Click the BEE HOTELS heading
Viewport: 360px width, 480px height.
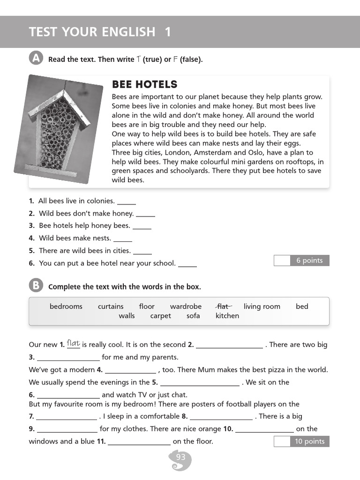coord(144,84)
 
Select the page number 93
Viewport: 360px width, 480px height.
coord(180,457)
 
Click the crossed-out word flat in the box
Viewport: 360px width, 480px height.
coord(224,306)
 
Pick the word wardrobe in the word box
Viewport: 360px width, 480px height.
coord(186,306)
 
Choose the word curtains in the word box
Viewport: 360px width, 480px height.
coord(111,306)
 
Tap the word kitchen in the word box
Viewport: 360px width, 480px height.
coord(227,316)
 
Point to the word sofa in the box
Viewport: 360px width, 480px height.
coord(193,316)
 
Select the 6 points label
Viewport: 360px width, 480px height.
coord(309,261)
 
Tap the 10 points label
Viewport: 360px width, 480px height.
coord(309,441)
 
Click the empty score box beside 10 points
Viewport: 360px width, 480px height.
coord(282,441)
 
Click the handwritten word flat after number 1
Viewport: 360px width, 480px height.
coord(73,343)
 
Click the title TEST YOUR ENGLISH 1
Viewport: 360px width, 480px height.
coord(100,32)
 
